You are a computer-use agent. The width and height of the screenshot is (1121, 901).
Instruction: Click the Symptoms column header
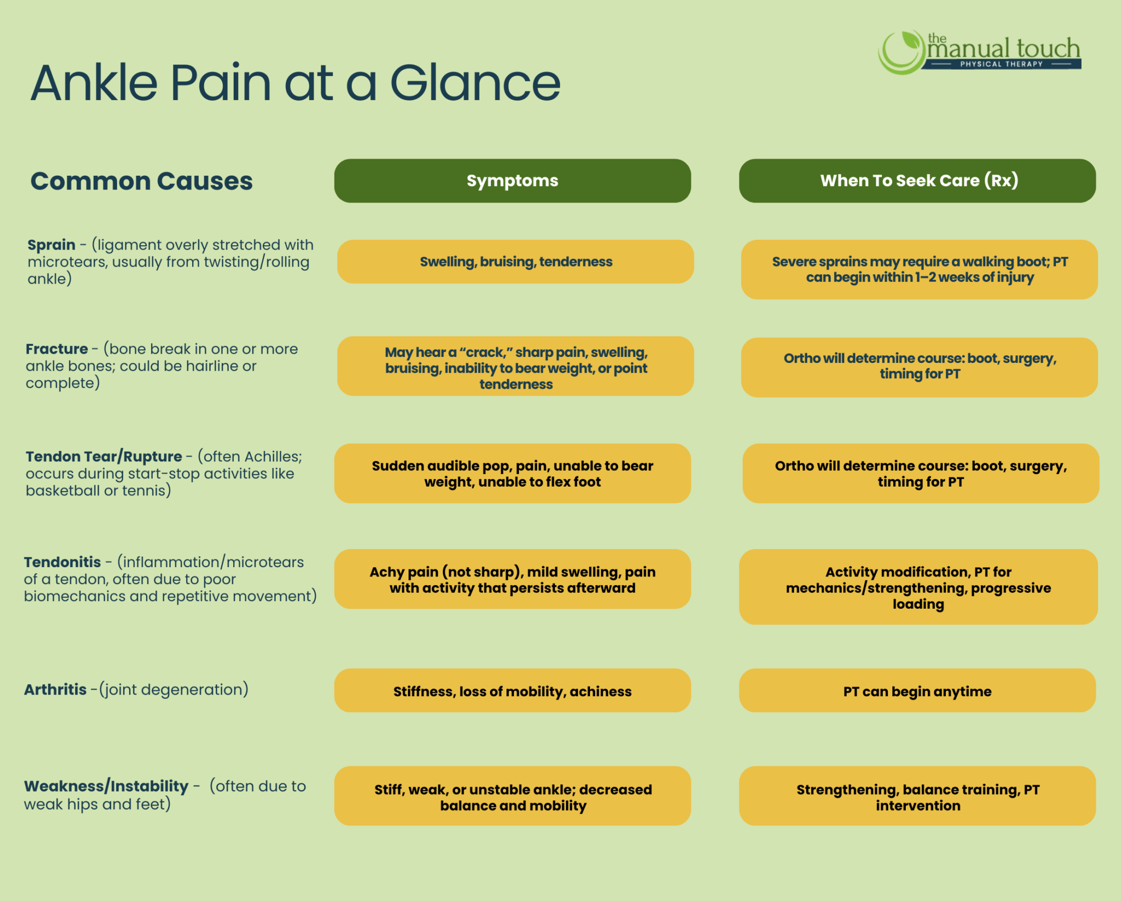point(512,181)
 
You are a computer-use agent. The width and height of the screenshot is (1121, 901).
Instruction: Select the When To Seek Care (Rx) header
point(917,181)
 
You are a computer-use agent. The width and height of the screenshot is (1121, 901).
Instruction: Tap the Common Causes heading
point(141,181)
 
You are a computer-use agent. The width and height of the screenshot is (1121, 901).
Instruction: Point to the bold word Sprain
point(51,245)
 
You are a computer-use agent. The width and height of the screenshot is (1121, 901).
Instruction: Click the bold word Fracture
point(57,349)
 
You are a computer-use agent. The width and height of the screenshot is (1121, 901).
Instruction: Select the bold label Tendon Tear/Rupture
point(104,457)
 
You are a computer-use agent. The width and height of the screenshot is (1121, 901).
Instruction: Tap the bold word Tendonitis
point(62,562)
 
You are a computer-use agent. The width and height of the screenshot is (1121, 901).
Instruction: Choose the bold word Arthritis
point(55,689)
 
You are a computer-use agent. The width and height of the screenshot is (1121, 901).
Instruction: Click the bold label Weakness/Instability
point(106,786)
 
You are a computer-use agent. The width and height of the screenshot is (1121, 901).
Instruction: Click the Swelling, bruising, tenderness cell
point(516,262)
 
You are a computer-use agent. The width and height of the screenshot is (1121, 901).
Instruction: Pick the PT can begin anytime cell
point(917,691)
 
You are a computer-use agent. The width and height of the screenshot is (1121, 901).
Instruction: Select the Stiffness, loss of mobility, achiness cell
point(512,691)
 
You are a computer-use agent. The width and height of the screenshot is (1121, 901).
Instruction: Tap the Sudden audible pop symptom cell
point(512,473)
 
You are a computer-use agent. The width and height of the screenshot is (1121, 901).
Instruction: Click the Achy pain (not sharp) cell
point(512,579)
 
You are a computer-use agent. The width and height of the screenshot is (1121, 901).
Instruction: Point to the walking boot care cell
point(920,269)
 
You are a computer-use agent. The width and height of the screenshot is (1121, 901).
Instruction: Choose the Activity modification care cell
point(918,587)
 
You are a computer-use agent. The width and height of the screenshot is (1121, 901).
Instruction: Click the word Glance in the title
point(475,83)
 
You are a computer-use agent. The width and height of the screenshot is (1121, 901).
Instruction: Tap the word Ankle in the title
point(94,83)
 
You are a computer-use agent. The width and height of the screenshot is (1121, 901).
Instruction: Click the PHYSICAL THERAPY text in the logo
point(1001,64)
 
